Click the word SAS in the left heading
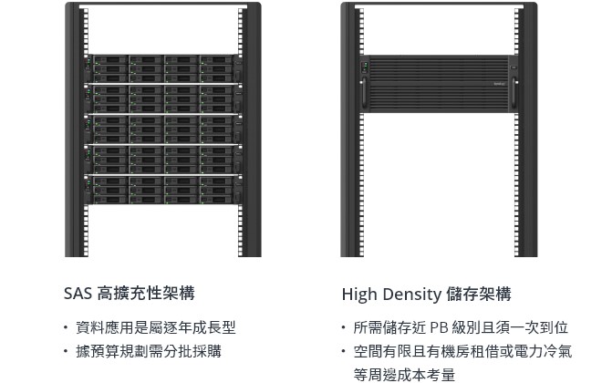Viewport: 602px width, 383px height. [78, 294]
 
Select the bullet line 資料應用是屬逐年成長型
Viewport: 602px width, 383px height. [156, 327]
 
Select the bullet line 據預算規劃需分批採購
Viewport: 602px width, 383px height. [148, 351]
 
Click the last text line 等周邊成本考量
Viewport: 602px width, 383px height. [404, 374]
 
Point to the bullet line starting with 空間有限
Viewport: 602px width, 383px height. [462, 351]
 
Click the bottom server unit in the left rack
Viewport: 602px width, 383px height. [163, 188]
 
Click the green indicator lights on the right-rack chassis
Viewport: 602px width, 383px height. [366, 64]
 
